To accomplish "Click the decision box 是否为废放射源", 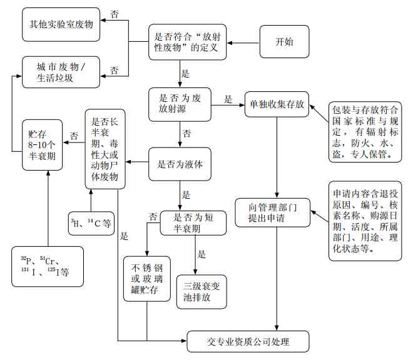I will pos(180,104).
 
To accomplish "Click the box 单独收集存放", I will pos(277,104).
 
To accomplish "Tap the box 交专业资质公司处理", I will pos(248,342).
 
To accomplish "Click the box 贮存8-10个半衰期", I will pos(42,145).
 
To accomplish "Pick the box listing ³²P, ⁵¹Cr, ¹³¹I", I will pos(48,266).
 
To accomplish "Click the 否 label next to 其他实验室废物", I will pos(115,13).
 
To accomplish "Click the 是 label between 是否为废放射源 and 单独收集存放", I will pos(228,99).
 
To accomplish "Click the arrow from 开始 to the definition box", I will pos(243,42).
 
